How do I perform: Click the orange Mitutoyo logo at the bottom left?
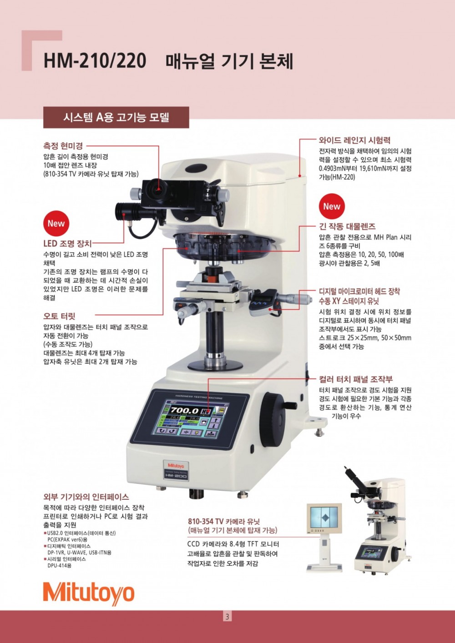pos(88,594)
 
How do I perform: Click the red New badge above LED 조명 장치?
pos(56,223)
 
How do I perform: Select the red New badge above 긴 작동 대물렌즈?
pos(332,206)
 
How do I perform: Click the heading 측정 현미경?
pos(63,146)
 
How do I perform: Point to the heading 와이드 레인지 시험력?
pos(354,140)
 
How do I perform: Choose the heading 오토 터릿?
pos(59,316)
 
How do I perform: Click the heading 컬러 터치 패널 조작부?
pos(356,379)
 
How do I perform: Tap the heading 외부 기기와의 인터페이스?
pos(86,497)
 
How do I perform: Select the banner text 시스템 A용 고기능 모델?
pos(116,117)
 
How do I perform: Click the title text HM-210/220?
pos(95,61)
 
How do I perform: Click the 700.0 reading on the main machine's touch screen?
pos(185,411)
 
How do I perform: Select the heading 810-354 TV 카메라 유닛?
pos(224,521)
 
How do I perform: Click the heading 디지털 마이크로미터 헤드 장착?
pos(359,291)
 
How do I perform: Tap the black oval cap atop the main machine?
pos(196,168)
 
